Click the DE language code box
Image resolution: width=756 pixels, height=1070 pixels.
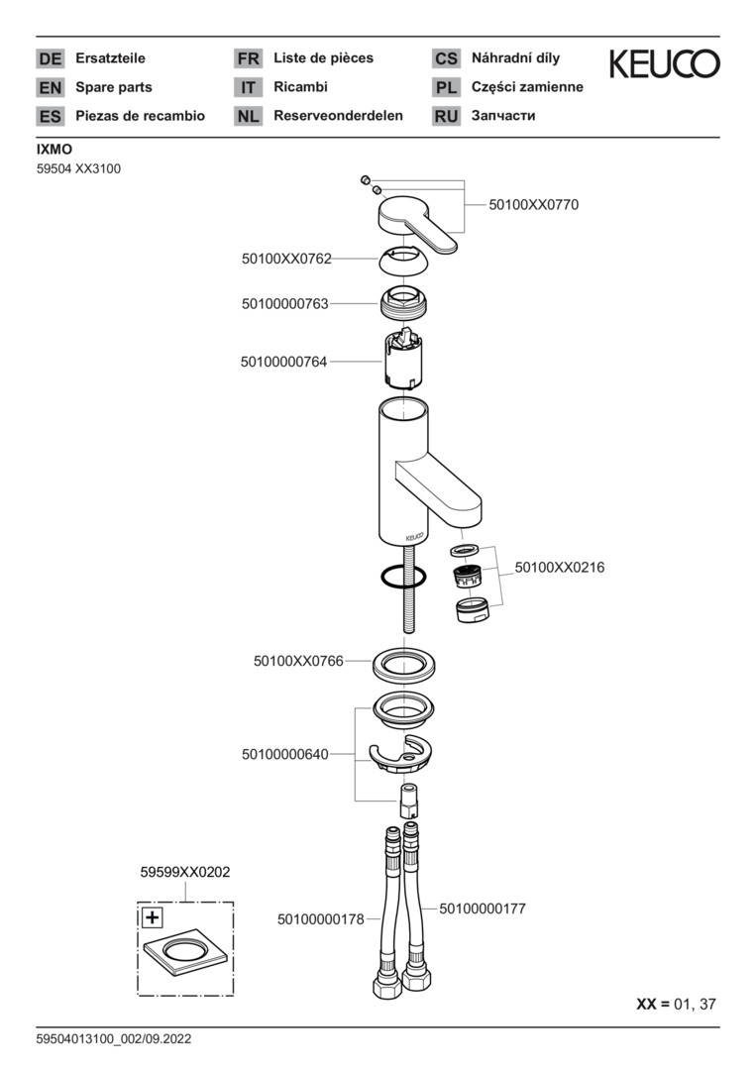coord(50,59)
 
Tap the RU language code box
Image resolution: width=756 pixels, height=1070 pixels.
coord(446,117)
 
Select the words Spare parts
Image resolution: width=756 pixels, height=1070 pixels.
coord(114,87)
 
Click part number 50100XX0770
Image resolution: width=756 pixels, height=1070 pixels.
coord(533,205)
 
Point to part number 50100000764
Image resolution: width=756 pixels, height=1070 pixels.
coord(283,363)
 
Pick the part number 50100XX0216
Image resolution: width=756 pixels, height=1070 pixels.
coord(559,568)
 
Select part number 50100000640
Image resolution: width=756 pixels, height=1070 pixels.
coord(283,755)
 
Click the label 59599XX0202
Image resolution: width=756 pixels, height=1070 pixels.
coord(185,872)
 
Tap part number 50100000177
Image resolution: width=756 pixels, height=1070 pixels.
coord(482,908)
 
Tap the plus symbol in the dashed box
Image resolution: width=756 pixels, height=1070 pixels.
coord(152,917)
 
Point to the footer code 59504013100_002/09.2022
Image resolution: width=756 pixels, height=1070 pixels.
coord(113,1039)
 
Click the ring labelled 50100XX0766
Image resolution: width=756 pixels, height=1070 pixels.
coord(405,664)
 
